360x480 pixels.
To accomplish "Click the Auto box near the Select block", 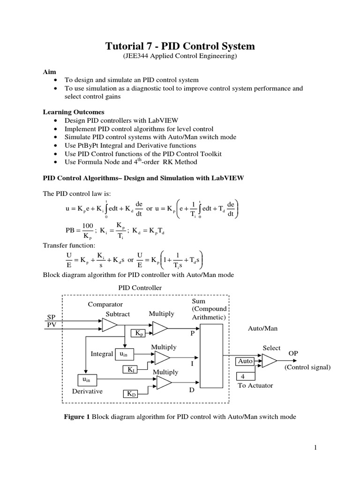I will coord(245,361).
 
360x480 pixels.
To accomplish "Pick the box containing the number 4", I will coord(244,376).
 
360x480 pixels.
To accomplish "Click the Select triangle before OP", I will coord(269,360).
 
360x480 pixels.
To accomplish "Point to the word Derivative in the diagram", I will coord(87,390).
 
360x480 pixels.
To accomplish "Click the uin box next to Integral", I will coord(123,354).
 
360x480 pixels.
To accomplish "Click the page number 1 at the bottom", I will coord(316,448).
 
